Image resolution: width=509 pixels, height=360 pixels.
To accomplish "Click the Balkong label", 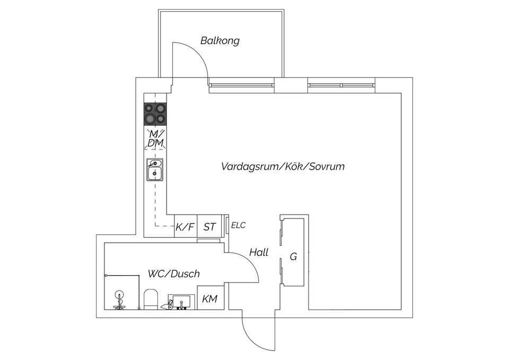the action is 220,41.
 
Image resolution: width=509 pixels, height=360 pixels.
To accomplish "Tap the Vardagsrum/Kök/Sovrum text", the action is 283,166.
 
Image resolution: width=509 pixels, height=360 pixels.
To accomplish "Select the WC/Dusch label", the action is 174,274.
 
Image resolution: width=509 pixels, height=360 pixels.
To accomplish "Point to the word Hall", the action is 259,252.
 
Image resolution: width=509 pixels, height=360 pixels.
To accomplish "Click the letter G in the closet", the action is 293,257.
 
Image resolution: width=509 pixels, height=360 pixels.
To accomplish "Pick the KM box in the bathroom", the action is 210,297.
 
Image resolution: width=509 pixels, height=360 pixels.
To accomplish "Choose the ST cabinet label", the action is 209,226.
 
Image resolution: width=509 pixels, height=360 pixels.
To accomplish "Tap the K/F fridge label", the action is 185,226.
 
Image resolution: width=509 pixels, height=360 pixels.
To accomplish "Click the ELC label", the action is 238,225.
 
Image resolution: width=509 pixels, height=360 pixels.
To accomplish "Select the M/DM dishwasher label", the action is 156,138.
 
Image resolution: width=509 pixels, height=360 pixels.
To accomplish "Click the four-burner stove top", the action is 155,115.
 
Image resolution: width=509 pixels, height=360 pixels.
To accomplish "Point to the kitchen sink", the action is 155,170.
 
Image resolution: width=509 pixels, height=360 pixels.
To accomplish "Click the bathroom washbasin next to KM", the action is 182,302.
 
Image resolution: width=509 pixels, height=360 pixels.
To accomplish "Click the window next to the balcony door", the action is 241,85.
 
